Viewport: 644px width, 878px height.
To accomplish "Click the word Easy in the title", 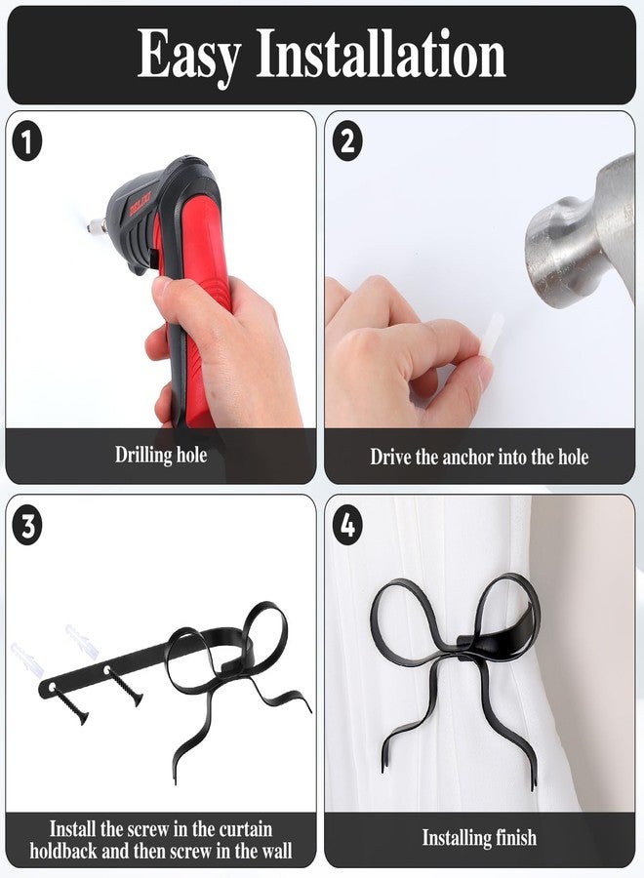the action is pos(189,56).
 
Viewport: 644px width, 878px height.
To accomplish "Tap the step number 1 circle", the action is pos(27,142).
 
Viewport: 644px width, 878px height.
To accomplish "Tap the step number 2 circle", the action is pos(347,142).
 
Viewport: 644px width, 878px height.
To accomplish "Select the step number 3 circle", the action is pos(27,527).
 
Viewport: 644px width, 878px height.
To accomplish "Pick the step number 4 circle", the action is pos(347,527).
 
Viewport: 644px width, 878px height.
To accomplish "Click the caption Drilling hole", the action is pos(161,455).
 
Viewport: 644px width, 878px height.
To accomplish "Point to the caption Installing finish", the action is pos(479,838).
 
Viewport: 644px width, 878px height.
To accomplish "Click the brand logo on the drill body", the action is pos(141,205).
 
